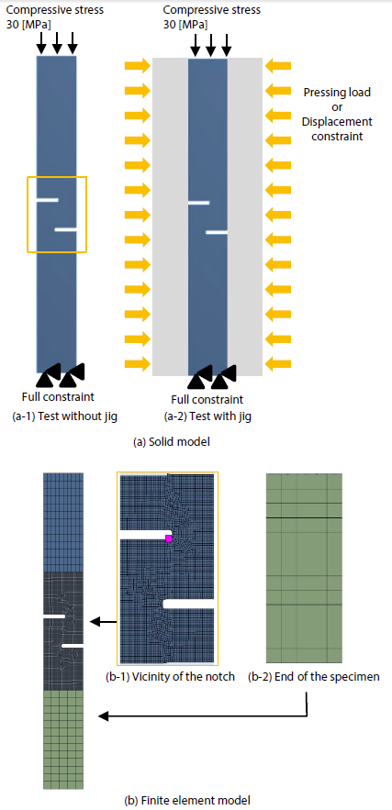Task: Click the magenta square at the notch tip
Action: point(168,538)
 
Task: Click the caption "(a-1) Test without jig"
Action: point(64,416)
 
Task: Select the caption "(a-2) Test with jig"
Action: point(207,416)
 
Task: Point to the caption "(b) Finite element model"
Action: point(187,801)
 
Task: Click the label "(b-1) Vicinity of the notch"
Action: point(170,677)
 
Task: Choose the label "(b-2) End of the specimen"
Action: point(313,677)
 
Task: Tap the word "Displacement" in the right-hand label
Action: point(337,122)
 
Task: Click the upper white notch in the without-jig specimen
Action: point(47,200)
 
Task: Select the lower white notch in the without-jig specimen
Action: point(66,228)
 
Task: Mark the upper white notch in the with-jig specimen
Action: point(198,203)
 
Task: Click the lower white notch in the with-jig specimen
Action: point(217,232)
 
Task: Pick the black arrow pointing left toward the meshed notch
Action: point(103,623)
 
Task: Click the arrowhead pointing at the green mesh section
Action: point(103,716)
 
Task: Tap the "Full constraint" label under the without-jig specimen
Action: point(58,396)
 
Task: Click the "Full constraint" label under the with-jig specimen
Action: point(207,399)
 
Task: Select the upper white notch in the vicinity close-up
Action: point(145,534)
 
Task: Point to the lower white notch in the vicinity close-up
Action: point(188,604)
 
